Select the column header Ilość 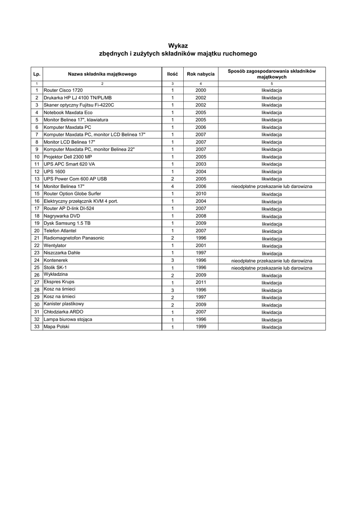click(x=172, y=74)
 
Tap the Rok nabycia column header click(x=201, y=74)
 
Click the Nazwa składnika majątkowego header click(x=102, y=74)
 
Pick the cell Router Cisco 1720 click(x=63, y=91)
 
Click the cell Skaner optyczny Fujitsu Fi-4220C click(x=79, y=105)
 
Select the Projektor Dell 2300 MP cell click(x=68, y=157)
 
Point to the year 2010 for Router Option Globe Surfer click(x=201, y=193)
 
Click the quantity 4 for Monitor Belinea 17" click(x=172, y=187)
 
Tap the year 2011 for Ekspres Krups click(x=201, y=282)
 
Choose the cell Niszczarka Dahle click(x=62, y=253)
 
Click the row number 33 click(x=37, y=327)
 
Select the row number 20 click(x=37, y=231)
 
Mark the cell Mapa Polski click(x=57, y=327)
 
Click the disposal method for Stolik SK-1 click(x=272, y=268)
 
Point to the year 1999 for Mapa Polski click(x=201, y=327)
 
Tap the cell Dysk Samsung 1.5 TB click(x=67, y=223)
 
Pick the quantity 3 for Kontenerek click(x=172, y=260)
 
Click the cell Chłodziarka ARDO click(x=64, y=312)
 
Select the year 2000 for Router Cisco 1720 click(x=201, y=91)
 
